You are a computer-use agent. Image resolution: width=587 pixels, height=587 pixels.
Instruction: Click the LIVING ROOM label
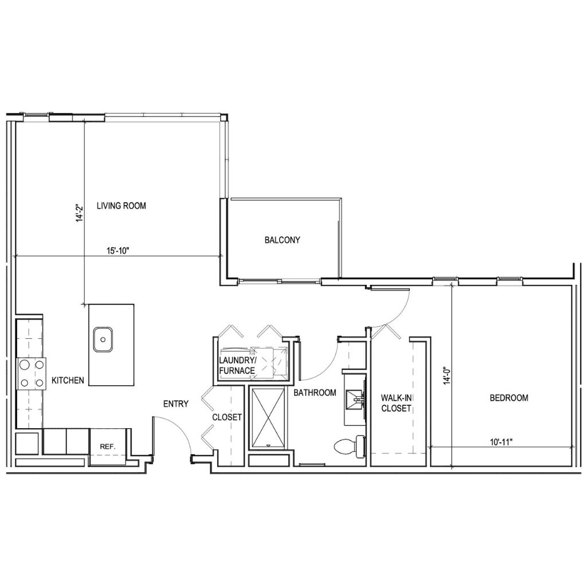[121, 206]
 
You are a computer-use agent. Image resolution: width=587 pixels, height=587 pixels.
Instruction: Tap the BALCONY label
[282, 240]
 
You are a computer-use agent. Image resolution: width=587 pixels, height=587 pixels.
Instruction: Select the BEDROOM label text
[508, 397]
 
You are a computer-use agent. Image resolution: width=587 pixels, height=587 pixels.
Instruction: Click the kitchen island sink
[103, 340]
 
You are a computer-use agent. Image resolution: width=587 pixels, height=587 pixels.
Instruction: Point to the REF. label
[108, 445]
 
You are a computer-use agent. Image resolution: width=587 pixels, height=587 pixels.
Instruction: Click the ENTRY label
[175, 404]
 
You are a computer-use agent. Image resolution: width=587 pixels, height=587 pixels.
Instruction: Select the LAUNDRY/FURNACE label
[237, 365]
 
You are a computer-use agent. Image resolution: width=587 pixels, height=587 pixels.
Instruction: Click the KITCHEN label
[68, 380]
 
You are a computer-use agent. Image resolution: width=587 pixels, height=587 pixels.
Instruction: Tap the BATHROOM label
[314, 393]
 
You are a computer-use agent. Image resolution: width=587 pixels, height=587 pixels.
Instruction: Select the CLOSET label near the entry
[227, 417]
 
